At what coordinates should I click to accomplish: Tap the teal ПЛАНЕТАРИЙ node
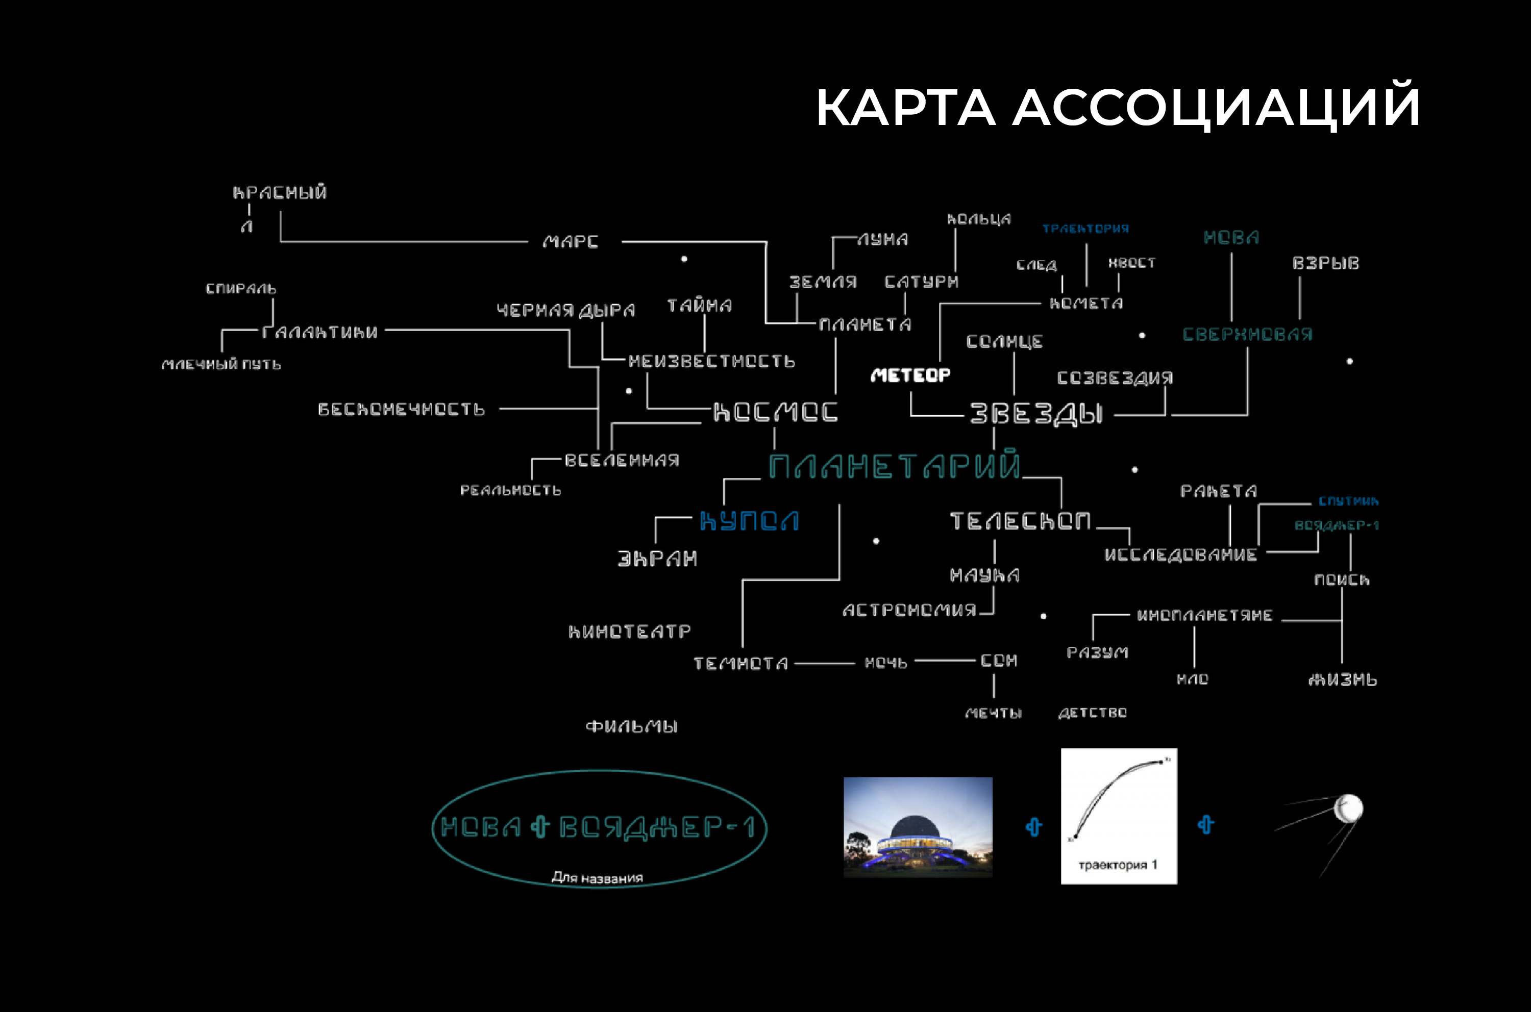[894, 466]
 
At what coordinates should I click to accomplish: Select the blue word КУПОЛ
[749, 521]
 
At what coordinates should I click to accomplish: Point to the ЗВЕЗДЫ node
[1036, 414]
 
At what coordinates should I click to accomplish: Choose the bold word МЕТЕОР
[910, 375]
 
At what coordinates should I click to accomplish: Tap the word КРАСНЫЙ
[280, 192]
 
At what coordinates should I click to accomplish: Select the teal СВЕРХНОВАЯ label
[1247, 334]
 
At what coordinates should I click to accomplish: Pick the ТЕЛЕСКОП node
[1020, 521]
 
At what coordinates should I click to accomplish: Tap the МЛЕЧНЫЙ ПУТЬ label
[221, 365]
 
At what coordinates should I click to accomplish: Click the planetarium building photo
[918, 827]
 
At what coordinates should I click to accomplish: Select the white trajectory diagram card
[1118, 816]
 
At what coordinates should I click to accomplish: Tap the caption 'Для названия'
[597, 878]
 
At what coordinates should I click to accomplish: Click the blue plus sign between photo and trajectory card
[1034, 827]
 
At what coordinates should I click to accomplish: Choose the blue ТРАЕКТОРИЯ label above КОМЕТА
[1085, 229]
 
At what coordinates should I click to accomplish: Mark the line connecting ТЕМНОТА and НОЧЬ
[825, 663]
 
